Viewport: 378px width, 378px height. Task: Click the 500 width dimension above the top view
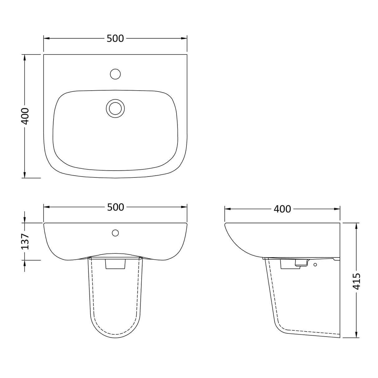(115, 38)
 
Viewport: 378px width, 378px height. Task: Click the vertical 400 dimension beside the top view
(25, 116)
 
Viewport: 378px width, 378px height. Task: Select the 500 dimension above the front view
(116, 207)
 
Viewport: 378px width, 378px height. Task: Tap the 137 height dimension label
(25, 241)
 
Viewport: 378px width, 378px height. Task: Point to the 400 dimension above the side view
(282, 209)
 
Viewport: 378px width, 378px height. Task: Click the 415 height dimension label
(357, 281)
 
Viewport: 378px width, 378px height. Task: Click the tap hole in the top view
(116, 74)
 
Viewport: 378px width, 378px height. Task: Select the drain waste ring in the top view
(115, 108)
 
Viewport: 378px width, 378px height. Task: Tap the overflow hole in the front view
(115, 233)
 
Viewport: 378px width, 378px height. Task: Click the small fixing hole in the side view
(315, 265)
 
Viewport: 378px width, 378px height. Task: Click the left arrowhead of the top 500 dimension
(45, 38)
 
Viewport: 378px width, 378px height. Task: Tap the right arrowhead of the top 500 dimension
(185, 38)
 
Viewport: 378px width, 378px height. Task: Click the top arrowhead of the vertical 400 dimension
(25, 56)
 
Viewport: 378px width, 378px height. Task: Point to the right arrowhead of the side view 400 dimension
(338, 209)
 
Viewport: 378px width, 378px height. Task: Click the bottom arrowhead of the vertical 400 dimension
(25, 176)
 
